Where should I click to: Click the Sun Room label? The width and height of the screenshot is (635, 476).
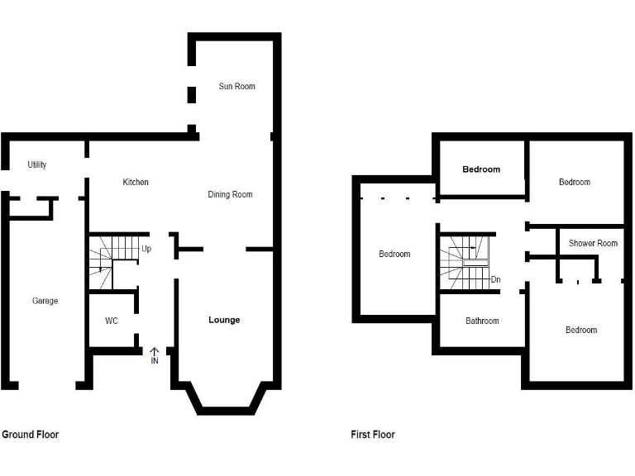click(236, 86)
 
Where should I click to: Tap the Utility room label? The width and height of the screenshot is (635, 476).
click(37, 164)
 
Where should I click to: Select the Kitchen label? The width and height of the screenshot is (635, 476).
click(136, 182)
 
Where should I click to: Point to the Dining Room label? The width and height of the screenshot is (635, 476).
click(230, 194)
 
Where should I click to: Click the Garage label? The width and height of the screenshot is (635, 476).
click(45, 301)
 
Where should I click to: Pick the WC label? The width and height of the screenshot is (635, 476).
click(112, 321)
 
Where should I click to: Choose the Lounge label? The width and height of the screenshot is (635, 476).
click(224, 320)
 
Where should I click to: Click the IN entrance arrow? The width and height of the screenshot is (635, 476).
click(155, 355)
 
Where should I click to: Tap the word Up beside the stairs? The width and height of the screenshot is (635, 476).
click(146, 249)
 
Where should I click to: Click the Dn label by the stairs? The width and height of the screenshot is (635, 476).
click(495, 279)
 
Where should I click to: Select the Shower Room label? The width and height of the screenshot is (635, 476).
click(593, 243)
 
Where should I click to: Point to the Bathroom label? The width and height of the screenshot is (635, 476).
click(482, 321)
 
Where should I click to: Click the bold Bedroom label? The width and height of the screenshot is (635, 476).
click(481, 169)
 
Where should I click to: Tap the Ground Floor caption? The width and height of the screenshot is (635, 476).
click(31, 434)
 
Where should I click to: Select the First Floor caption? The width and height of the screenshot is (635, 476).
click(373, 434)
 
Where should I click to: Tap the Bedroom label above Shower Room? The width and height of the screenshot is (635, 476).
click(575, 182)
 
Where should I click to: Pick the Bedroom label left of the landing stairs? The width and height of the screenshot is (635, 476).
click(394, 254)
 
